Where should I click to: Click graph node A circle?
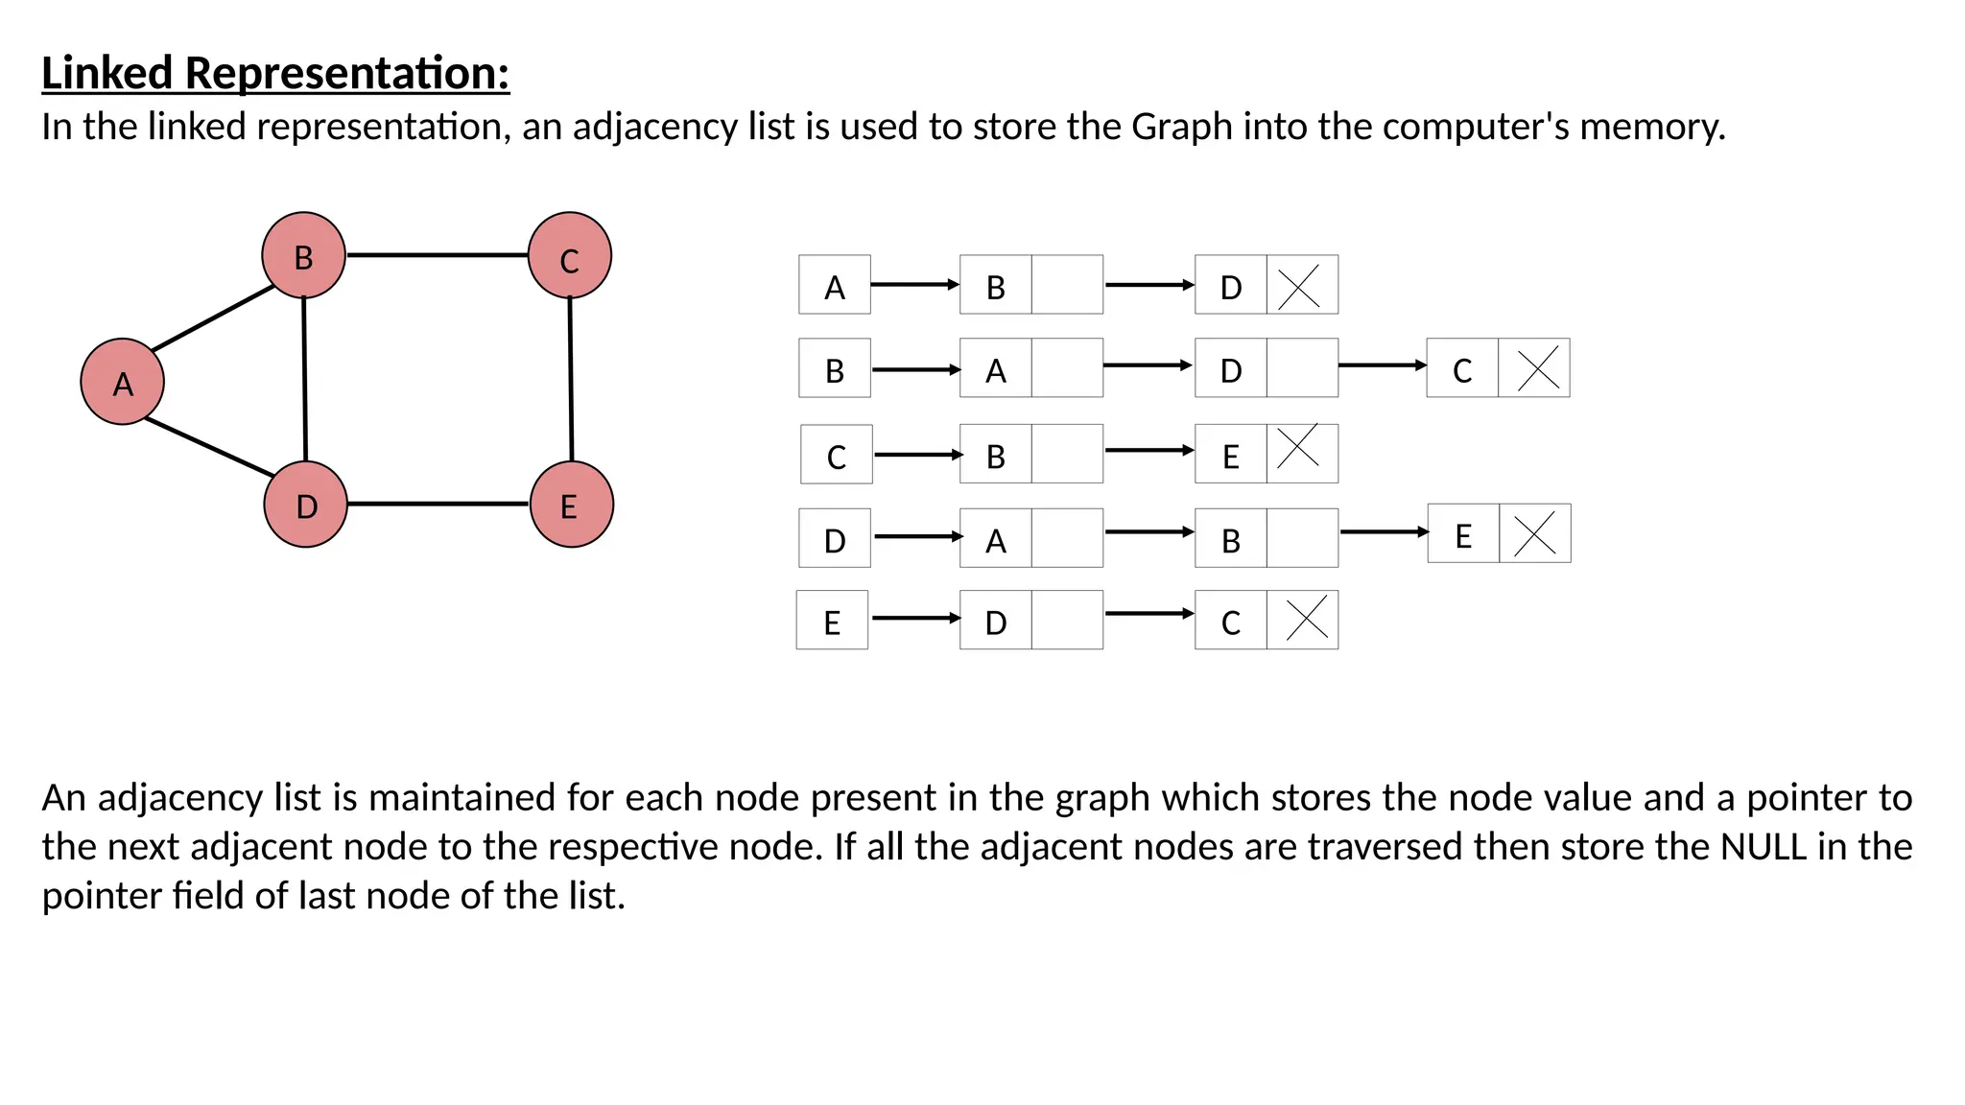click(x=122, y=382)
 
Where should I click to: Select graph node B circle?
click(x=303, y=256)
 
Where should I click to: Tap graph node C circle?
click(x=569, y=256)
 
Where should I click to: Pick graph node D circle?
click(x=305, y=505)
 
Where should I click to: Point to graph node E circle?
click(x=571, y=505)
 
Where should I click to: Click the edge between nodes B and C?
click(x=437, y=255)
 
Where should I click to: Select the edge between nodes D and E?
click(x=438, y=504)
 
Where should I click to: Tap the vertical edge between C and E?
click(x=571, y=379)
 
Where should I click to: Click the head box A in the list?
click(x=835, y=285)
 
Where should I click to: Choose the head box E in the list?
click(x=832, y=621)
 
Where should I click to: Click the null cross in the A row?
click(x=1301, y=285)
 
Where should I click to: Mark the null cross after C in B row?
click(x=1534, y=368)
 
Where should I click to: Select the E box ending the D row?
click(x=1463, y=533)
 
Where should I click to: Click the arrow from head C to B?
click(x=917, y=455)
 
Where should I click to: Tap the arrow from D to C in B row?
click(x=1382, y=365)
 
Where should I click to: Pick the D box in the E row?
click(x=996, y=621)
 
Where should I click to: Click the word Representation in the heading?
click(x=345, y=74)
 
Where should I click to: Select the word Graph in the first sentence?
click(x=1181, y=127)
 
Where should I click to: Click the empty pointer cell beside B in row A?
click(x=1067, y=285)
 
